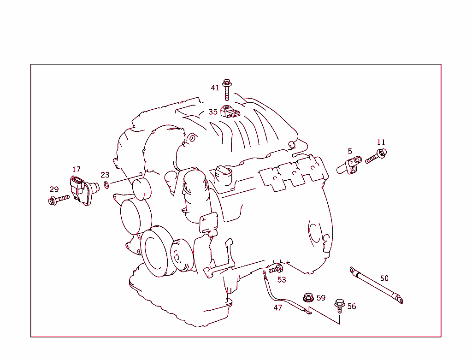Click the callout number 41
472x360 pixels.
point(215,88)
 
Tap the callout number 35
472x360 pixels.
point(212,112)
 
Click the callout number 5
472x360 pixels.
point(350,151)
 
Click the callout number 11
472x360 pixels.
point(381,142)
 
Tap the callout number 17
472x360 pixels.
point(76,170)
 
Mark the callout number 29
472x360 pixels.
point(54,189)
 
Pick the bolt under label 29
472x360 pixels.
point(58,199)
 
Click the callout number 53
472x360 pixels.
point(281,280)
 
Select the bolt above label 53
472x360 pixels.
point(276,268)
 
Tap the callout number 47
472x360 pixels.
point(277,307)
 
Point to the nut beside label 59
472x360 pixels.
point(307,297)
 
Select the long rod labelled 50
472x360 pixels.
point(376,285)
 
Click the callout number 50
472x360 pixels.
point(384,278)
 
